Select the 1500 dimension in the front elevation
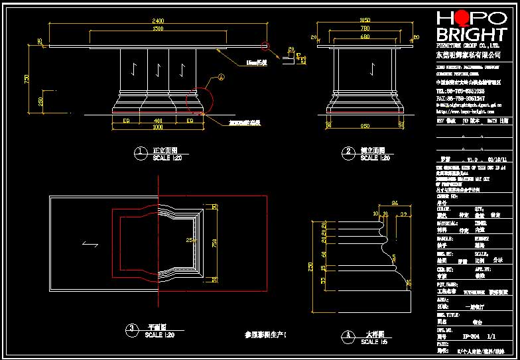click(x=158, y=29)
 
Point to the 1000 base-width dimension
click(x=157, y=126)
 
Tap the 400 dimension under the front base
click(x=157, y=120)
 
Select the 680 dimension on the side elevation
click(x=364, y=37)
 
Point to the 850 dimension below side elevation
click(x=364, y=125)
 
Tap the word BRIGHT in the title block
click(x=470, y=35)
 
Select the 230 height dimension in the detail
click(x=309, y=267)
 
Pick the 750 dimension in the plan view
click(x=214, y=243)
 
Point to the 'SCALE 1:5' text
click(x=374, y=342)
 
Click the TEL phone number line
click(x=460, y=91)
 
